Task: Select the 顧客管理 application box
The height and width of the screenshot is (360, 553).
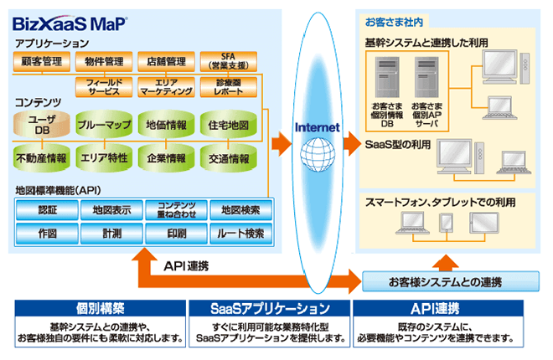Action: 41,61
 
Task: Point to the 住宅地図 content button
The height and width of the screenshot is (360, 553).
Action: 227,125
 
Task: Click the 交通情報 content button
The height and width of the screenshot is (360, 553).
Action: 227,157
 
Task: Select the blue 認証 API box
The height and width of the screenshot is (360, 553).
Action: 48,209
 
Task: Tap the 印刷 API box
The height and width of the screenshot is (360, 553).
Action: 177,233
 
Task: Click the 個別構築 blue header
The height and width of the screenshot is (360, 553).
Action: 100,307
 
